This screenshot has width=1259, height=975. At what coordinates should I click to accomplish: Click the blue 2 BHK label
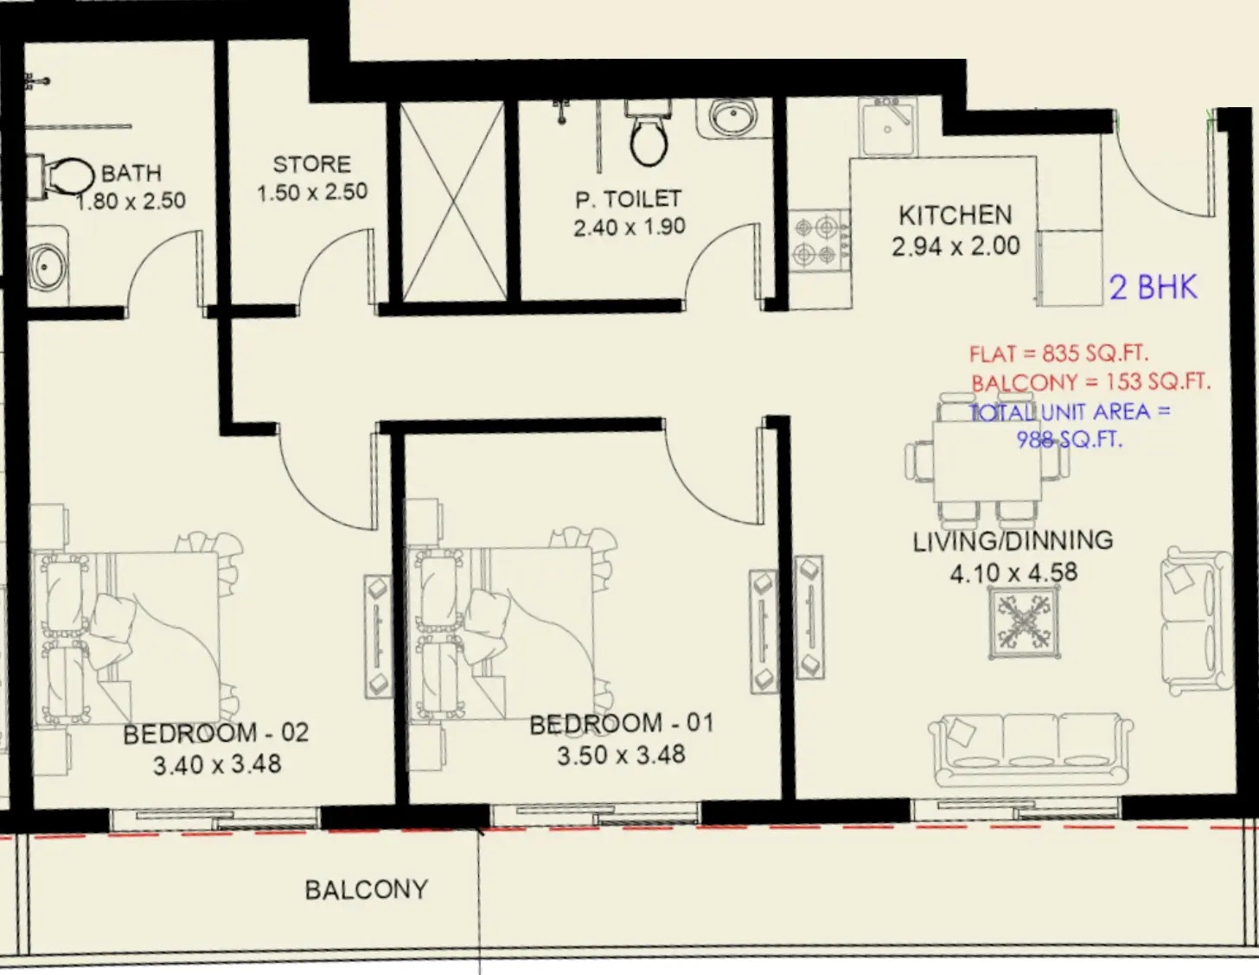pyautogui.click(x=1153, y=287)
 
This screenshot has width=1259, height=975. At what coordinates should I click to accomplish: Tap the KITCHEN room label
pyautogui.click(x=955, y=215)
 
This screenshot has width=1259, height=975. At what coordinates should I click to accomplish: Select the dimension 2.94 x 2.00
pyautogui.click(x=955, y=246)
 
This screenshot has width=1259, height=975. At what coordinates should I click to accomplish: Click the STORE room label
pyautogui.click(x=311, y=164)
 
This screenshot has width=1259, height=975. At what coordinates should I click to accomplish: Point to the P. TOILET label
pyautogui.click(x=629, y=200)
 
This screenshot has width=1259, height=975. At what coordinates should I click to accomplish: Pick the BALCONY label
pyautogui.click(x=366, y=889)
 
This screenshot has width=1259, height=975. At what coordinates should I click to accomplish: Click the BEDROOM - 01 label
pyautogui.click(x=622, y=723)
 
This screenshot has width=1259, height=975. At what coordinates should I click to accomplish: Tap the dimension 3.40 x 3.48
pyautogui.click(x=217, y=764)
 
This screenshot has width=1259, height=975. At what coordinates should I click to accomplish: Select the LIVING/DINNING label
pyautogui.click(x=1013, y=541)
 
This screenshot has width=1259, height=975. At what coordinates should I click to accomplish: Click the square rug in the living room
pyautogui.click(x=1025, y=622)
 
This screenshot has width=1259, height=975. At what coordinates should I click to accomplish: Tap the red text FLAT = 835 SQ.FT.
pyautogui.click(x=1058, y=354)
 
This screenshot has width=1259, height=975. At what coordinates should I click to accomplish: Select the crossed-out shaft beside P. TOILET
pyautogui.click(x=454, y=201)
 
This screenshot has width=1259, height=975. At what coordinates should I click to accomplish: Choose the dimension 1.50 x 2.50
pyautogui.click(x=312, y=192)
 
